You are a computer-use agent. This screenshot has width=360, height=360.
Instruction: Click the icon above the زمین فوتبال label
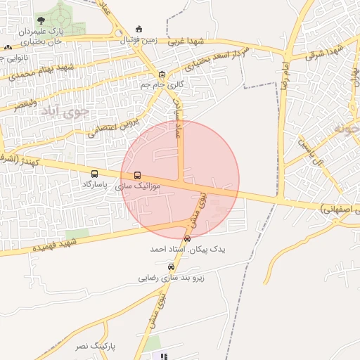click(x=139, y=29)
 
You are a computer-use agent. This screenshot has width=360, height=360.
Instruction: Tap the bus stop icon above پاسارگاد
click(x=94, y=174)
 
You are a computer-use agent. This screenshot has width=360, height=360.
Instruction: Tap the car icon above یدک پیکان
click(x=186, y=239)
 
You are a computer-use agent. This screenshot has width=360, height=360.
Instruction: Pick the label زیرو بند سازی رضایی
click(x=170, y=278)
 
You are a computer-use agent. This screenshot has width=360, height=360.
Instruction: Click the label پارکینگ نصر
click(x=94, y=347)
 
